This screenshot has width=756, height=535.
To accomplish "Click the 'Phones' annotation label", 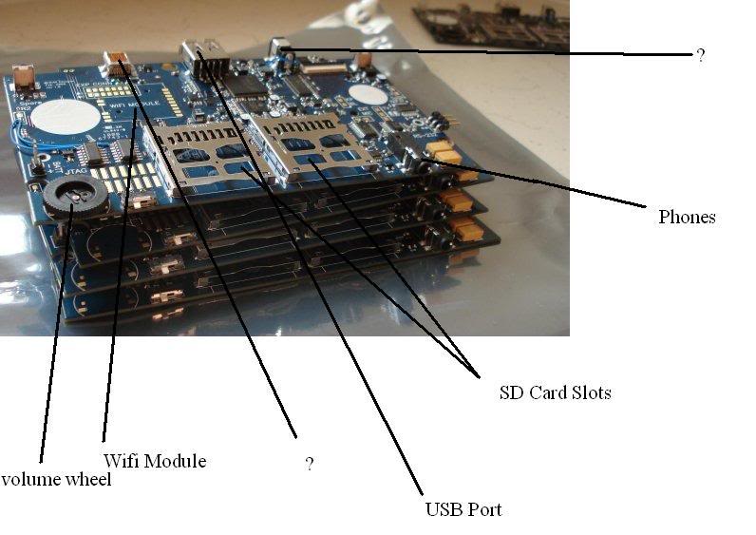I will click(687, 217).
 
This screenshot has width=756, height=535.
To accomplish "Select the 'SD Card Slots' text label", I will click(555, 392).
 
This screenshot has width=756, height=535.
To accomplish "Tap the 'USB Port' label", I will click(463, 509).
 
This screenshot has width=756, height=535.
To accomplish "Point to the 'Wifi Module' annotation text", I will click(154, 461).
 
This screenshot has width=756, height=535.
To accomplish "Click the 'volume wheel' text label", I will click(56, 480).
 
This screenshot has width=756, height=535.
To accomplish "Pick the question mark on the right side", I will click(701, 56).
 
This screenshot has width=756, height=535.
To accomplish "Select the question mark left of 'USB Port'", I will click(309, 464).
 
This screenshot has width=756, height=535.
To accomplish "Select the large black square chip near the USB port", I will click(249, 82).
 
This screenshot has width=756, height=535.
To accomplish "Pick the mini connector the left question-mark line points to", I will click(119, 64).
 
